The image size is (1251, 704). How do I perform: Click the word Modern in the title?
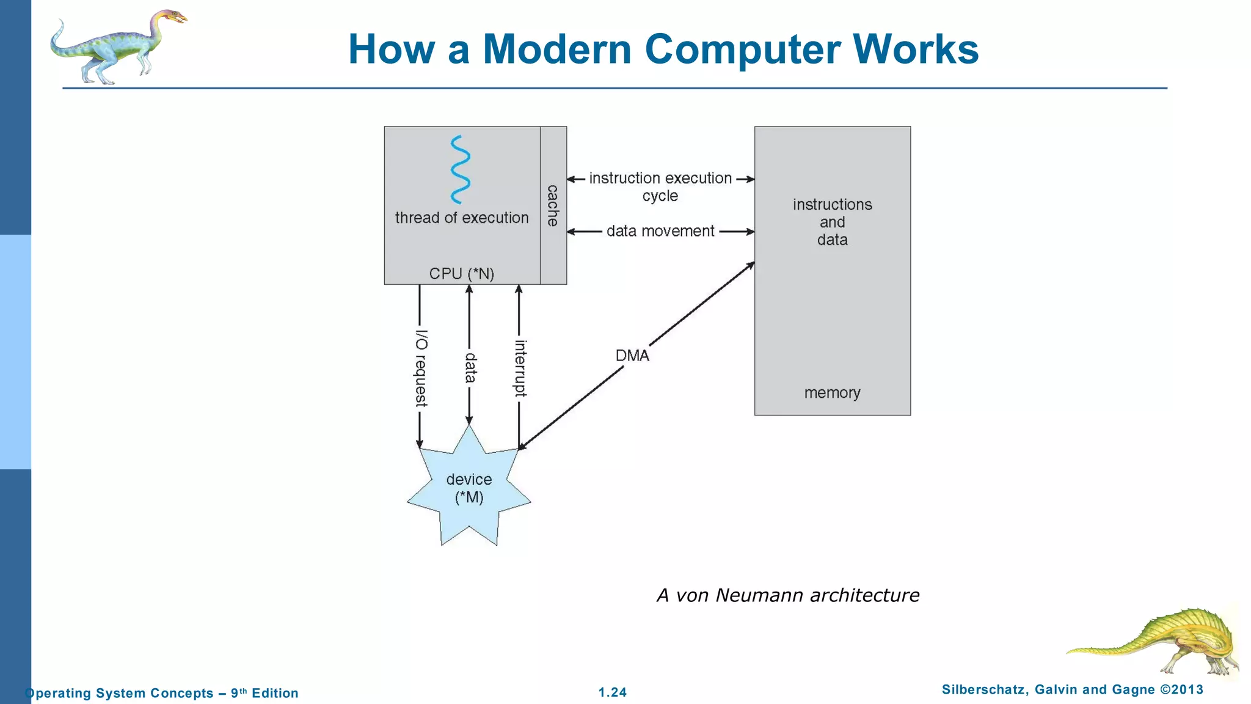[x=556, y=49]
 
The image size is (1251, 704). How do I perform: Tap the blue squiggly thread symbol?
[x=460, y=169]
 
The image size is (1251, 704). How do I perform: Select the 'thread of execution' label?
[x=461, y=218]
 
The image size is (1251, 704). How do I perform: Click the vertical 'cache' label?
[x=553, y=205]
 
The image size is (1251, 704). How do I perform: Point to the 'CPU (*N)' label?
[x=461, y=274]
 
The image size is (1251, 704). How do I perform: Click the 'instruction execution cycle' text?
[x=660, y=186]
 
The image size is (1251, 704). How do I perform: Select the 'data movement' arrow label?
[x=660, y=231]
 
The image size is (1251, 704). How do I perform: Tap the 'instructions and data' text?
[x=832, y=222]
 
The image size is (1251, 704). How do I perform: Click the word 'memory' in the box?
[x=832, y=392]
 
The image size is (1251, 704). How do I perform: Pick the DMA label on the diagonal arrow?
[x=632, y=356]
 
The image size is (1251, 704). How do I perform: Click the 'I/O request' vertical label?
[x=421, y=368]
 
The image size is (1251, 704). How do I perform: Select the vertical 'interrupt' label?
[x=520, y=368]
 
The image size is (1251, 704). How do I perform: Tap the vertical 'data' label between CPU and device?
[x=470, y=368]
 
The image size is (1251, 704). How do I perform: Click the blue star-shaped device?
[x=469, y=489]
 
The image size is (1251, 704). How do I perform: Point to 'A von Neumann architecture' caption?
[x=787, y=595]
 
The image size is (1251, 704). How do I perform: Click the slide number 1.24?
[x=612, y=692]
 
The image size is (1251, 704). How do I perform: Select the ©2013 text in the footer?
[x=1181, y=690]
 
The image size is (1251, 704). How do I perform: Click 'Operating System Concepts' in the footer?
[x=119, y=693]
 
